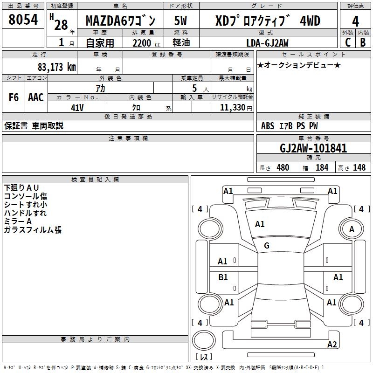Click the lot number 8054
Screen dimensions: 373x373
[23, 21]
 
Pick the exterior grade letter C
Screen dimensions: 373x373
[348, 42]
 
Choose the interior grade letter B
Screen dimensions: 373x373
[363, 42]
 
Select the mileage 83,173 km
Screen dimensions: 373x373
[56, 67]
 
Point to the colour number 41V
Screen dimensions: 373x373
[77, 107]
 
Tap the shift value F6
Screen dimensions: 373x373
[14, 97]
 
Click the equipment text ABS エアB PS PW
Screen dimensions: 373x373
[289, 126]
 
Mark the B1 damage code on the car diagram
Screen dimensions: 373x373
[223, 277]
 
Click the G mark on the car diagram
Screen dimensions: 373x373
[267, 246]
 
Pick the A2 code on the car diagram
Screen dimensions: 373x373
[332, 345]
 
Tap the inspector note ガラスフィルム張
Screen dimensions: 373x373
[33, 230]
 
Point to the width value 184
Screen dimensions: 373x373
[322, 167]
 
